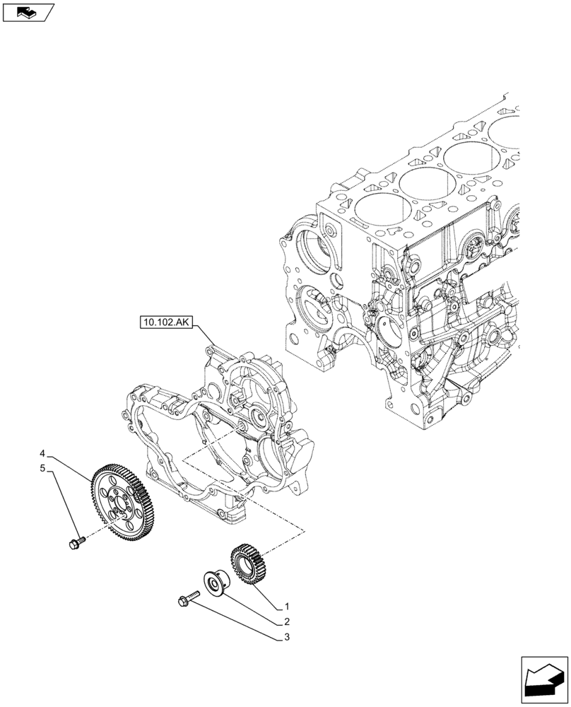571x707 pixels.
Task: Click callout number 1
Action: (x=286, y=607)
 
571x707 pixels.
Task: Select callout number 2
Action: (x=286, y=622)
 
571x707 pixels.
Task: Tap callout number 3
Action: (x=286, y=638)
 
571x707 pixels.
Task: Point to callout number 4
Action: (x=43, y=452)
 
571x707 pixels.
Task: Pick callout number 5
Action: (x=43, y=468)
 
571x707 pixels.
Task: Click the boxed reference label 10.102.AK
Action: (x=166, y=324)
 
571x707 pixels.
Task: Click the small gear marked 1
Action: (x=247, y=562)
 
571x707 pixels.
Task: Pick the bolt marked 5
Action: (x=76, y=543)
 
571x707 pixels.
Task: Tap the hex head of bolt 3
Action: (x=182, y=602)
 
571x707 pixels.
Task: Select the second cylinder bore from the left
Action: (x=428, y=184)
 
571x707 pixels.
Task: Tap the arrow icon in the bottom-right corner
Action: (x=543, y=679)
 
